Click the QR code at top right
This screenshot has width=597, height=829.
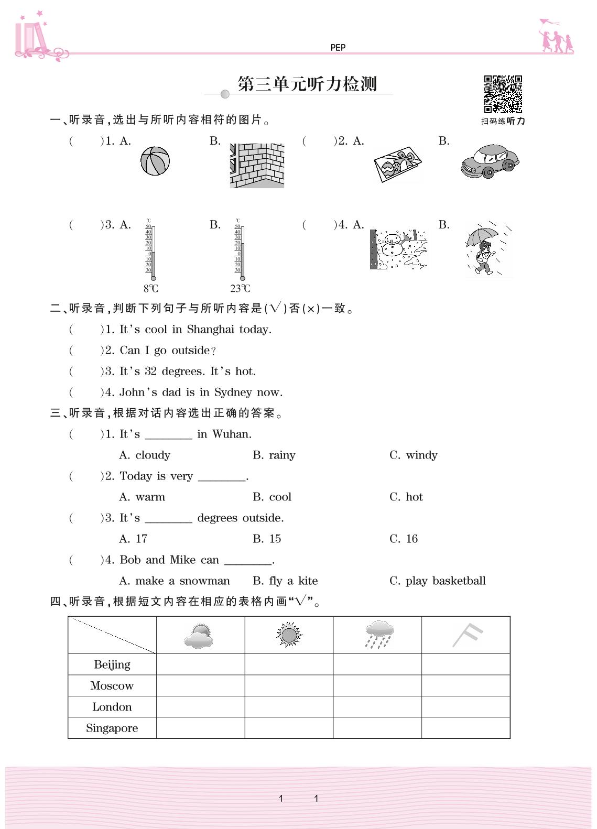(503, 94)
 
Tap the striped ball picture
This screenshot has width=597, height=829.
(155, 161)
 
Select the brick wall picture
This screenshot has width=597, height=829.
(257, 166)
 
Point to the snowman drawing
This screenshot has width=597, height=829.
(398, 249)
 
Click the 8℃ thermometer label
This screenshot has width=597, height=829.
(151, 289)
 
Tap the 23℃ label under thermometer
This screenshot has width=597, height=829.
(240, 289)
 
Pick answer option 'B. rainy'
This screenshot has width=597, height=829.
(274, 455)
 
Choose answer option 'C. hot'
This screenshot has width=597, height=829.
(406, 497)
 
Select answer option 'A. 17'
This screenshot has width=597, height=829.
(133, 539)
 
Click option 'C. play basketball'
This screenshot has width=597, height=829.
(437, 581)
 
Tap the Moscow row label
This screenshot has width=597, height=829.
(112, 686)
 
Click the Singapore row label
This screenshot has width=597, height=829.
(112, 728)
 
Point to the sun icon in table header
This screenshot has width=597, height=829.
(289, 635)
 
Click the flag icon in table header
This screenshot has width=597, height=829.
(466, 635)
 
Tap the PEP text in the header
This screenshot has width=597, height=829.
(338, 48)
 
